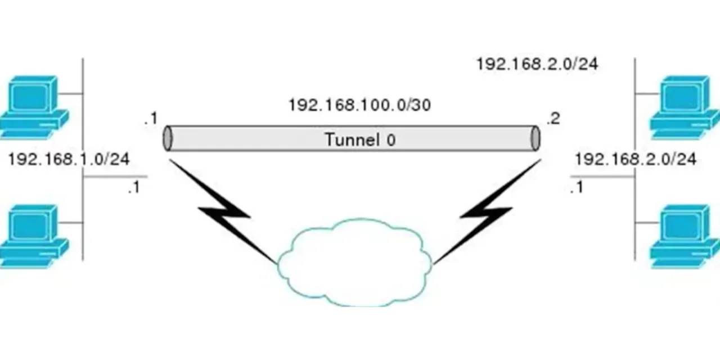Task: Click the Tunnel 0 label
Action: click(360, 139)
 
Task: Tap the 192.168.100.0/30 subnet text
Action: click(359, 105)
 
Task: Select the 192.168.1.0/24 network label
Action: click(69, 159)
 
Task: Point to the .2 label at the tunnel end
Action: click(553, 119)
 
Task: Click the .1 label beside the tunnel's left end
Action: click(150, 119)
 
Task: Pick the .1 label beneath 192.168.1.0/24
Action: click(133, 188)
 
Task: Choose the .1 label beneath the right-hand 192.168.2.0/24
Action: click(576, 188)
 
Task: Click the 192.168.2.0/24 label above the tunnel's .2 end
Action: click(537, 64)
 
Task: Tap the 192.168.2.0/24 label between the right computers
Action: click(635, 159)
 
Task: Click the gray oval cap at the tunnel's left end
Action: click(167, 138)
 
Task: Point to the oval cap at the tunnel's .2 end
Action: click(535, 138)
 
